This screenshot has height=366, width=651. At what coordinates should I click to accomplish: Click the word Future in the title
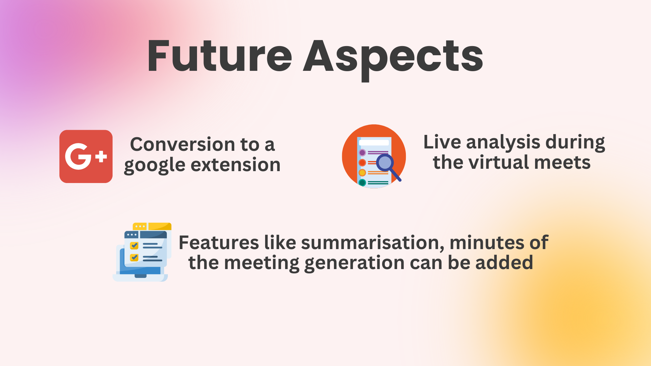(220, 56)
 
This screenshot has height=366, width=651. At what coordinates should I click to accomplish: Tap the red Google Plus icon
(86, 156)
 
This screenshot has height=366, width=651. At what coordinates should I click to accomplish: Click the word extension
(236, 165)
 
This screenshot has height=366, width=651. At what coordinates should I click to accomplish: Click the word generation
(354, 263)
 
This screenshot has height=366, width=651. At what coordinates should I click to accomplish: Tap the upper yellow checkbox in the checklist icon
(134, 245)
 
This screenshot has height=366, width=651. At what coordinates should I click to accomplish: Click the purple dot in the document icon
(362, 152)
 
